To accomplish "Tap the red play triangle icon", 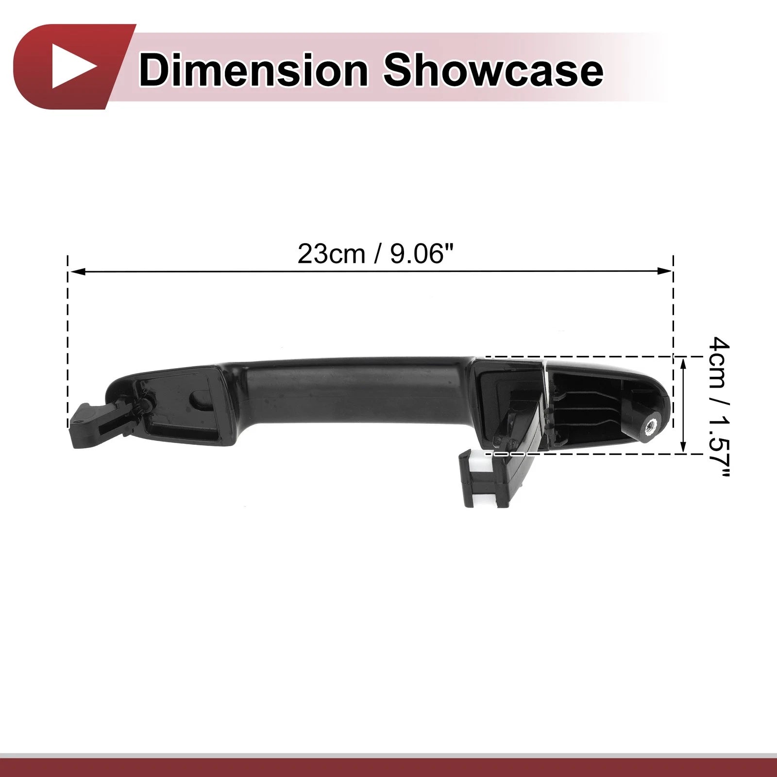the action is pos(73,67).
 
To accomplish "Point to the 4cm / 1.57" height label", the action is pos(719,408).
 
